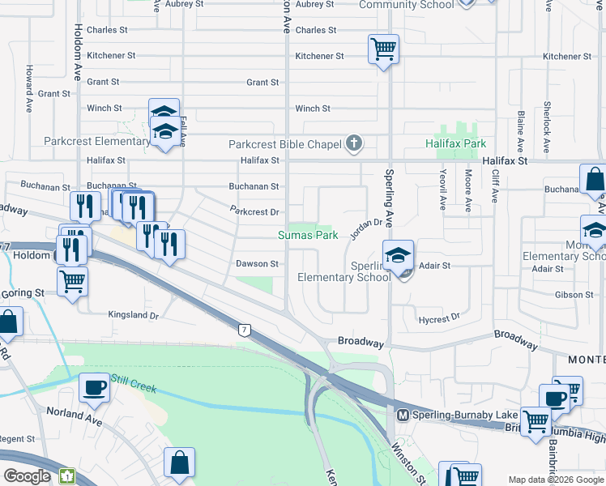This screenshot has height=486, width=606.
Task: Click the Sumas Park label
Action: (307, 236)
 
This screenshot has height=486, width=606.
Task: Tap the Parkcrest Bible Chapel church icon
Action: (352, 144)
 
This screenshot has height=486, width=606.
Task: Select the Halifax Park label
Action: (455, 143)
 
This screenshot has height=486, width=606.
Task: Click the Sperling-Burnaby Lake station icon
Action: (402, 415)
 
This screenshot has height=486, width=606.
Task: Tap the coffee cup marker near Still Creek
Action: (94, 388)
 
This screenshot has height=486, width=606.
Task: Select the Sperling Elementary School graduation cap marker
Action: (399, 255)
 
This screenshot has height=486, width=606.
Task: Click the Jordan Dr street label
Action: (366, 223)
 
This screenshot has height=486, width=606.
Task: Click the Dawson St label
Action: (257, 264)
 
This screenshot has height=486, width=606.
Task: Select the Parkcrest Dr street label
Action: (254, 212)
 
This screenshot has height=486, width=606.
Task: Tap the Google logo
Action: (27, 475)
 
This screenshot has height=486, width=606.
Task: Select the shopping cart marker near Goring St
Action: (73, 283)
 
